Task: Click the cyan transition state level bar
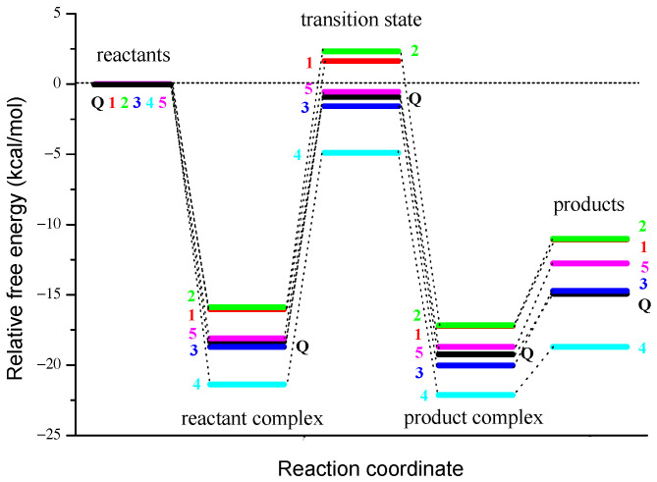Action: pyautogui.click(x=361, y=153)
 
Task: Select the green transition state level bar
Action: pyautogui.click(x=361, y=51)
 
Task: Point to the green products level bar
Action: pyautogui.click(x=589, y=239)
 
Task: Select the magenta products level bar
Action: pyautogui.click(x=589, y=263)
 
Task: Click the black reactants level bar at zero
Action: pyautogui.click(x=134, y=83)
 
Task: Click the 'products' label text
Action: pyautogui.click(x=588, y=206)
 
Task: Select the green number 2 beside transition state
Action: pyautogui.click(x=415, y=50)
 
